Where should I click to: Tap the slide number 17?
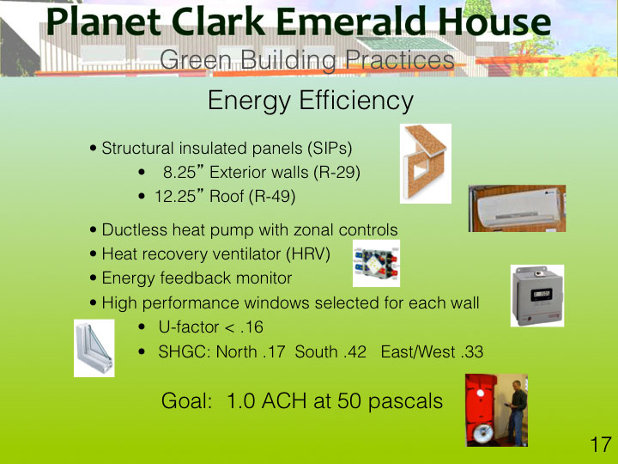[601, 445]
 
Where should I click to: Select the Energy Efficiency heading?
[311, 101]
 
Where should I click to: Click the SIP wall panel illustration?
[426, 163]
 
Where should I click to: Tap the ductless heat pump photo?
[517, 208]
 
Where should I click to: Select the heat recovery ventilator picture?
[377, 263]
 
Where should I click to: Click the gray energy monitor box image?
[537, 296]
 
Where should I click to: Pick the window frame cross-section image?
[94, 348]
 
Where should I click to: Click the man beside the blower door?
[517, 412]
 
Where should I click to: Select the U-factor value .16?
[251, 327]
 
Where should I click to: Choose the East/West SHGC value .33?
[472, 352]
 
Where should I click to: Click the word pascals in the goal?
[405, 401]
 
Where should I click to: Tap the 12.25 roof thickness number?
[174, 197]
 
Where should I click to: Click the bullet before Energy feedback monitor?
[93, 278]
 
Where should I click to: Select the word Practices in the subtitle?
[400, 60]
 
